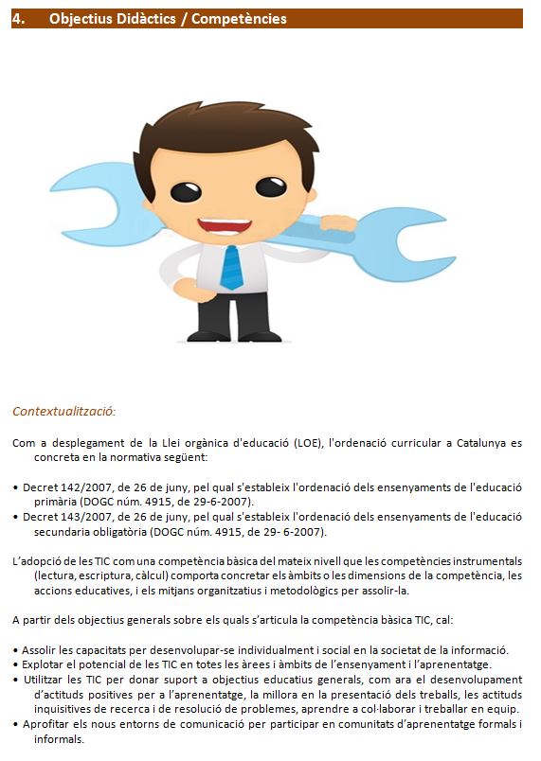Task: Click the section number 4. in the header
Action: click(x=19, y=19)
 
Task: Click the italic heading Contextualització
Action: click(x=63, y=412)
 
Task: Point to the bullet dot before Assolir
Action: click(x=15, y=649)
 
